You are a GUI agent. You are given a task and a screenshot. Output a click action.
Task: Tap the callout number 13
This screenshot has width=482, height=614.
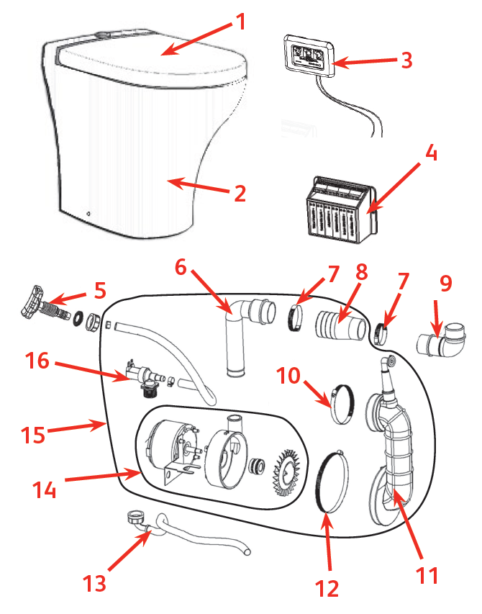tap(95, 581)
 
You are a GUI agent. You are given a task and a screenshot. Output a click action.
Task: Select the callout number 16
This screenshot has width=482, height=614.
tap(37, 359)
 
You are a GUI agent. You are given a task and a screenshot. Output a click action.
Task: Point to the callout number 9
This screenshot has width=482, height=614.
tap(445, 284)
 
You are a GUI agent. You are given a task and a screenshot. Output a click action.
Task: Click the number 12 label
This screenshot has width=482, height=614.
tap(327, 588)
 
